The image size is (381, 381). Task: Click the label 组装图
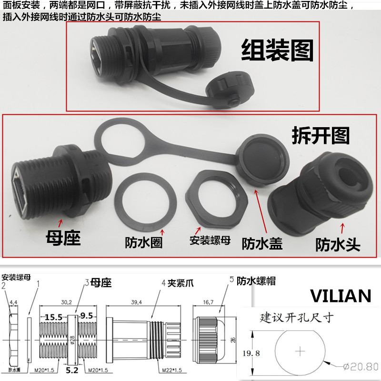(278, 51)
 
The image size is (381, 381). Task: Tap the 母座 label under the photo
(63, 237)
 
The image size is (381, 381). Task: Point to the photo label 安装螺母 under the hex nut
(210, 240)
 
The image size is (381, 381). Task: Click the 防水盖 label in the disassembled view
(262, 243)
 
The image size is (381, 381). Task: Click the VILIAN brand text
(341, 296)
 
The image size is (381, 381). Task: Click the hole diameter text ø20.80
(361, 367)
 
